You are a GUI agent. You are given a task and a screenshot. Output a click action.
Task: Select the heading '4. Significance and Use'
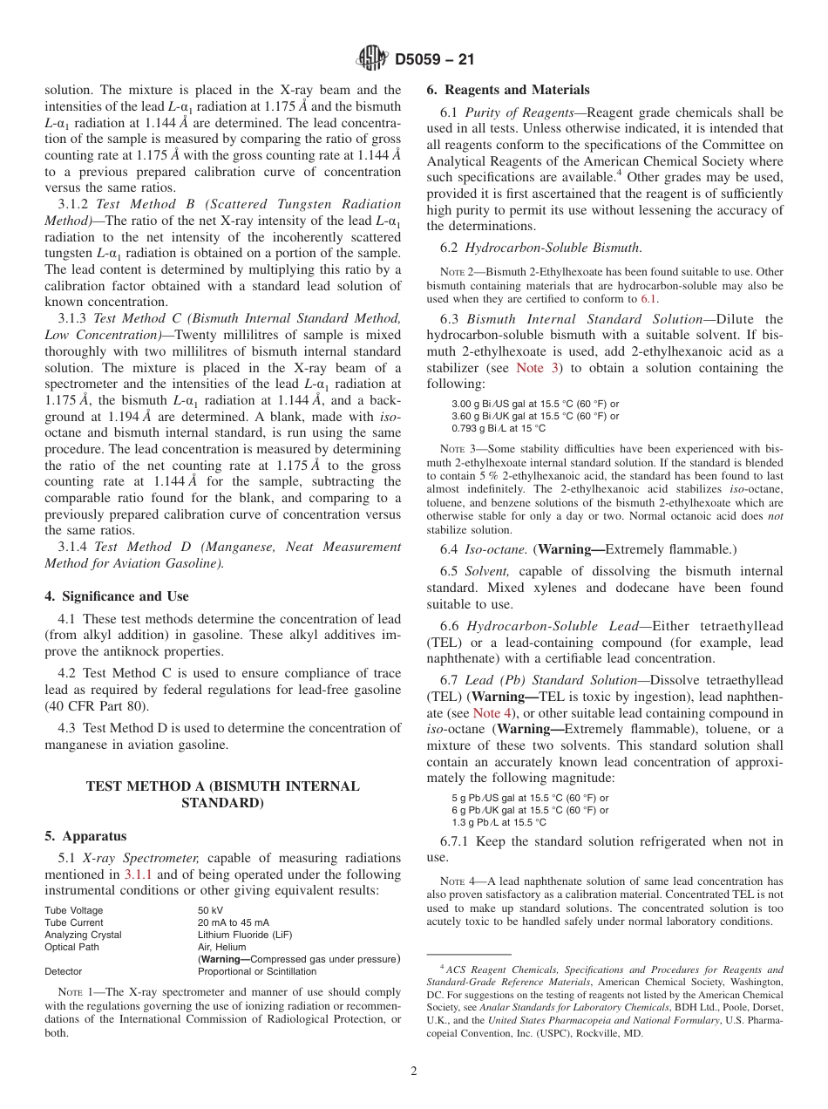[116, 596]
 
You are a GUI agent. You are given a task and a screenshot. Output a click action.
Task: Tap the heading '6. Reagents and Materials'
[507, 90]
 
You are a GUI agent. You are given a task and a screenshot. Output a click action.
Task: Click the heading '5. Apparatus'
[85, 835]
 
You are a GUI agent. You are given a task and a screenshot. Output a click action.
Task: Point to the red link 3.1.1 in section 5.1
[139, 874]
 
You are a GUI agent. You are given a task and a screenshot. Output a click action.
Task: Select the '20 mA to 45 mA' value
[233, 922]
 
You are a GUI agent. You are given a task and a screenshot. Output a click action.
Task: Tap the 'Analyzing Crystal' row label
[83, 935]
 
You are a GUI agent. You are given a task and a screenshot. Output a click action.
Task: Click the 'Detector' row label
[63, 971]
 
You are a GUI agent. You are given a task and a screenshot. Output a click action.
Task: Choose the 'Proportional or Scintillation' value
[257, 971]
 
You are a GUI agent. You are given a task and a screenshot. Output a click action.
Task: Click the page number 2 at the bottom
[414, 1072]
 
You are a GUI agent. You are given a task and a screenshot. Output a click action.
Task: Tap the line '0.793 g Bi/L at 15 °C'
[498, 428]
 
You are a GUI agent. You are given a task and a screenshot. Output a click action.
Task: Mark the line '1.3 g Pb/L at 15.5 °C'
[499, 822]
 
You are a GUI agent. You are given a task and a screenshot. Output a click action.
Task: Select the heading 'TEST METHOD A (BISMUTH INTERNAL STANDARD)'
[222, 794]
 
